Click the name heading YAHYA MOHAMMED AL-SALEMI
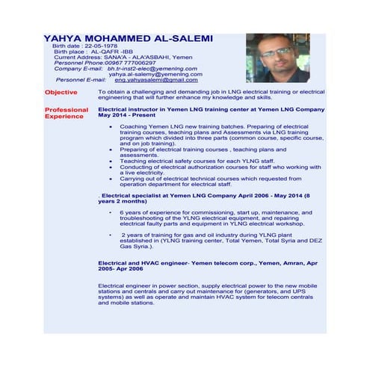[128, 38]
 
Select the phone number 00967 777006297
[132, 63]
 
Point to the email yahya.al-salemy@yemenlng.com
[153, 74]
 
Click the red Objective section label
[61, 92]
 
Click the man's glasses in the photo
[277, 52]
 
